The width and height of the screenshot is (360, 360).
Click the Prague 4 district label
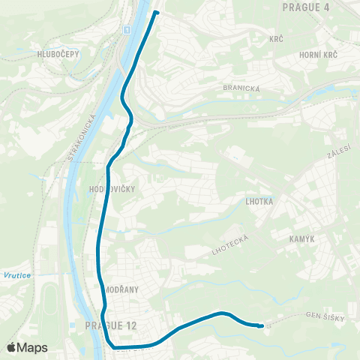[x=307, y=7]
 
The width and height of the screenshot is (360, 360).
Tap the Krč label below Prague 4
[x=276, y=38]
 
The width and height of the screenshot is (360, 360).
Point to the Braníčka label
[x=241, y=88]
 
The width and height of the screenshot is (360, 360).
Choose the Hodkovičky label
[x=111, y=189]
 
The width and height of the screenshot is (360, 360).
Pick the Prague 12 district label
[x=109, y=325]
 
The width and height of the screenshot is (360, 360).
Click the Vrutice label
[x=16, y=275]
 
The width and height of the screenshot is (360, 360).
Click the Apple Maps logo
[x=27, y=347]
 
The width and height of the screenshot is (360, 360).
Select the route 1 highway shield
[x=127, y=29]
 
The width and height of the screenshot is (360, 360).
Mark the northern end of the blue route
[x=156, y=13]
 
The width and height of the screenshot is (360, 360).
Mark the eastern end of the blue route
[x=260, y=325]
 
